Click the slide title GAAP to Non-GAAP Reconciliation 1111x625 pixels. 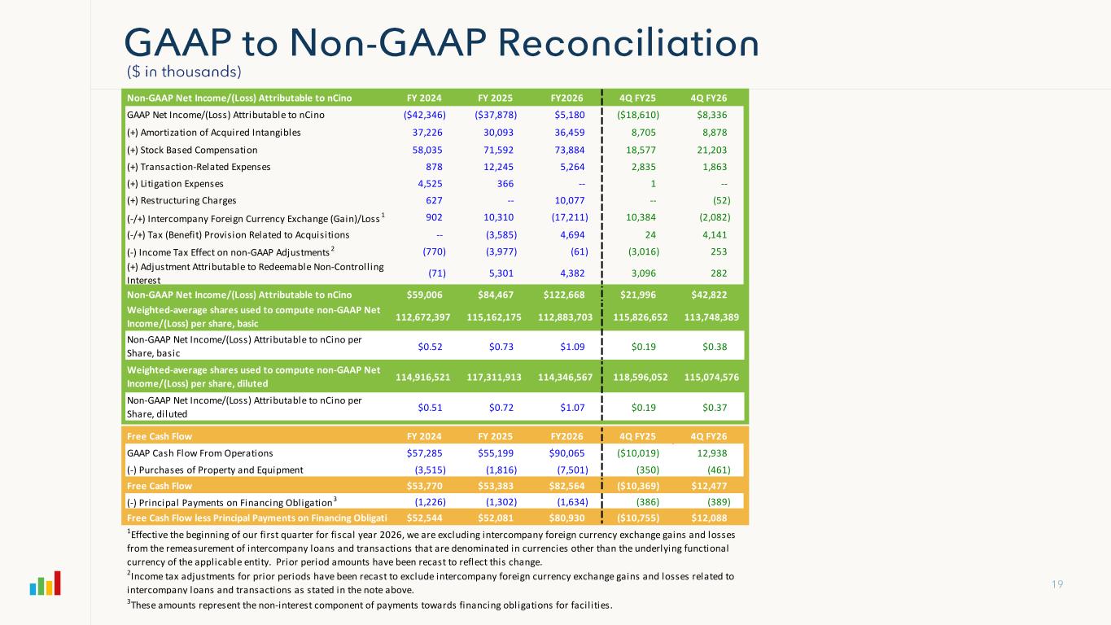tap(442, 43)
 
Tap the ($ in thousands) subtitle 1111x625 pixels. tap(184, 72)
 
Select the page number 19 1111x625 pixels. tap(1056, 607)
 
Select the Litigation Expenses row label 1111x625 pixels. tap(175, 183)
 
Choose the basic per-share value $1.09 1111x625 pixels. tap(571, 347)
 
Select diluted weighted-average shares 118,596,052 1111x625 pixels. tap(633, 377)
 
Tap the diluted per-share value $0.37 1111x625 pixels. tap(714, 406)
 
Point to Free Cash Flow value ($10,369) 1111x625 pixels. tap(633, 486)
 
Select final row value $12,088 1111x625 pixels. tap(710, 518)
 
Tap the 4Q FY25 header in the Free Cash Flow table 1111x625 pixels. tap(637, 436)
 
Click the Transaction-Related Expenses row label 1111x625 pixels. tap(199, 167)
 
